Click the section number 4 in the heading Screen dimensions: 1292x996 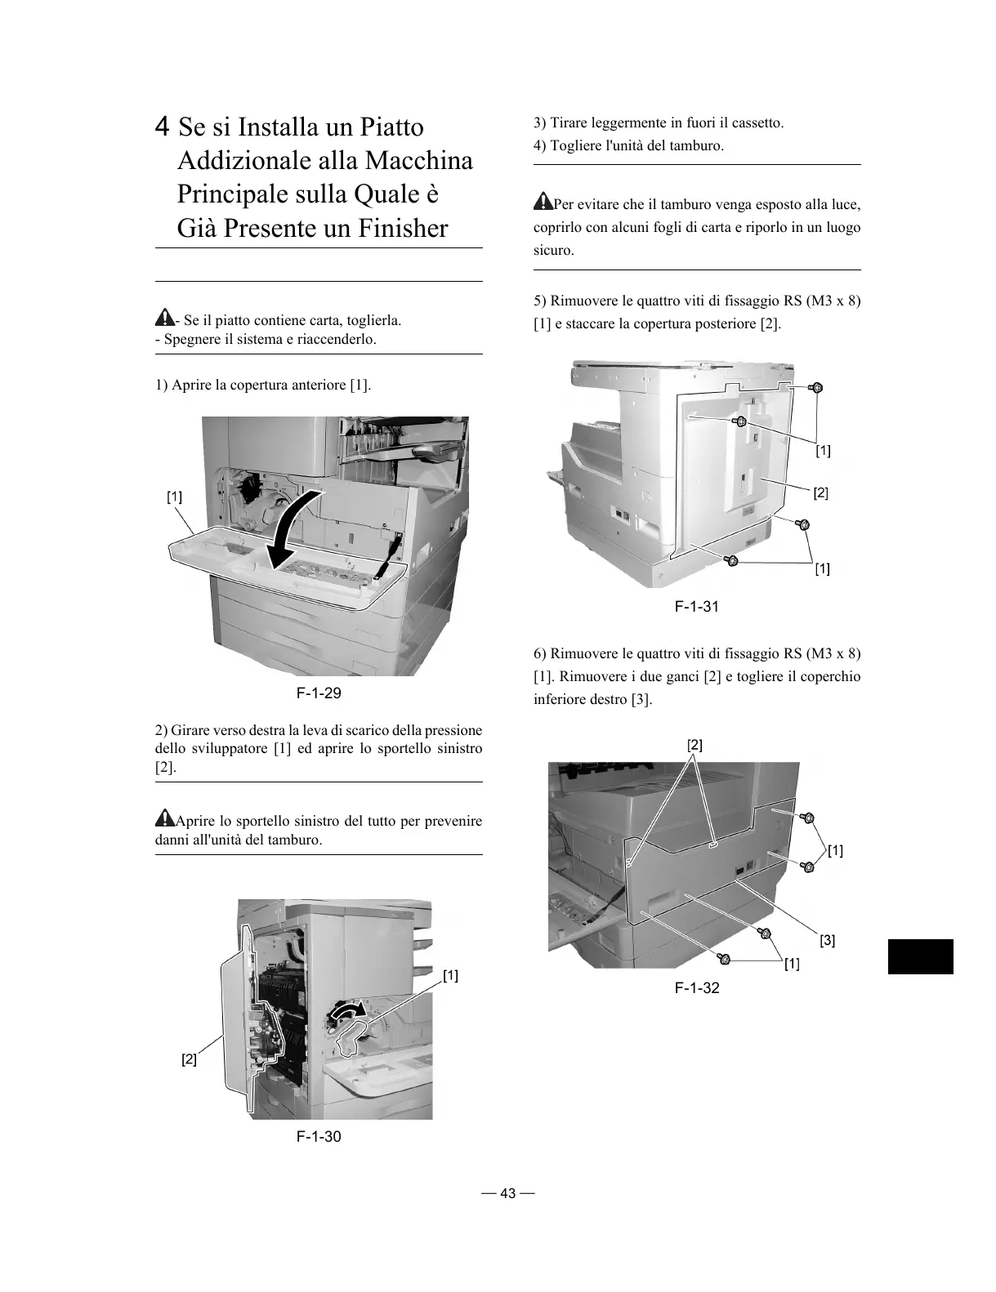163,127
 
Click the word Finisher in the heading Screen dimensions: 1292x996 404,228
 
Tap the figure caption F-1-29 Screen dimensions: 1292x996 319,694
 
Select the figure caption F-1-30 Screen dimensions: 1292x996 319,1137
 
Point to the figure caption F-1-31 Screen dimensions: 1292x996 697,606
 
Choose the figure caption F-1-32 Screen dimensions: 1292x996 697,988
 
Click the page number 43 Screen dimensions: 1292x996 508,1193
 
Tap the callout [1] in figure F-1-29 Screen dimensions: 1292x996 174,496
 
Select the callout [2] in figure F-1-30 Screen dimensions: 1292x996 189,1059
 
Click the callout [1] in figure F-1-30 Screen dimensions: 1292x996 450,975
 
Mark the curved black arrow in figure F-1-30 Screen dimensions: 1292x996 347,1014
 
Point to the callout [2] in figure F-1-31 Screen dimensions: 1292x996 820,492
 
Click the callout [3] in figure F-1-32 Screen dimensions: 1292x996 827,940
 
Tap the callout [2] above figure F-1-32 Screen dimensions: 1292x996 695,745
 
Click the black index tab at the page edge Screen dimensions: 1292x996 920,956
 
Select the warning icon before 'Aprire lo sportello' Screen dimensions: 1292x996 164,818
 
